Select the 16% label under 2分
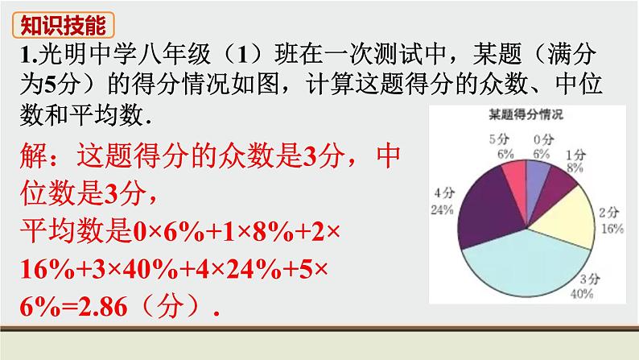tap(614, 229)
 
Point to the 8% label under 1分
tap(574, 168)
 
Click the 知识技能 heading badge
tap(63, 26)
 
